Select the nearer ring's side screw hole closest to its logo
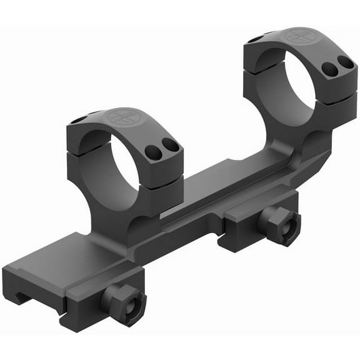(152, 151)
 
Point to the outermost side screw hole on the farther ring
(344, 61)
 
